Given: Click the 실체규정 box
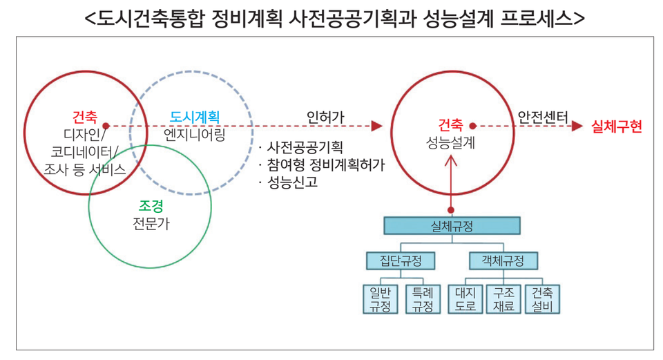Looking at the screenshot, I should pyautogui.click(x=452, y=225).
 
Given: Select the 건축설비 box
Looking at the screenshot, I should pyautogui.click(x=543, y=299).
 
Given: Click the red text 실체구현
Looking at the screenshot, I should pyautogui.click(x=617, y=126).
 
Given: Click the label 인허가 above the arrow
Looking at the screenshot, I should pyautogui.click(x=325, y=117).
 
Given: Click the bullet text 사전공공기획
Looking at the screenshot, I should pyautogui.click(x=305, y=148).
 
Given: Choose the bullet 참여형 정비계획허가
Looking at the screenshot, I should pyautogui.click(x=325, y=165).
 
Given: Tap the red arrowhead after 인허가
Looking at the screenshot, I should pyautogui.click(x=376, y=126).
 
